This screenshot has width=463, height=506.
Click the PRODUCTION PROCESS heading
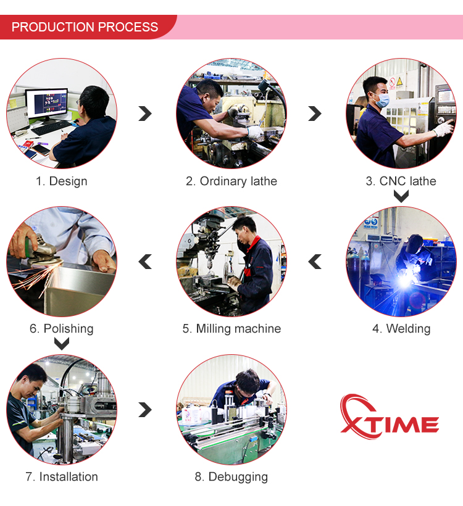coord(85,27)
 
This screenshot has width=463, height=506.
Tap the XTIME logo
coord(390,417)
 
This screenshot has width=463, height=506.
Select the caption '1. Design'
coord(61,181)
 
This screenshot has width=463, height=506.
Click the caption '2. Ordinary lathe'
coord(231,181)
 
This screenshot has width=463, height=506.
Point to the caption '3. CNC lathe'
coord(401,181)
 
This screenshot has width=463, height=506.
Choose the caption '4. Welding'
coord(401,329)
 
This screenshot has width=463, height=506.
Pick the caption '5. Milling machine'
coord(231,329)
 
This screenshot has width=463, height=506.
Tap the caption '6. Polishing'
coord(61,329)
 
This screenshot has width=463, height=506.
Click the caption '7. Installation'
coord(61,476)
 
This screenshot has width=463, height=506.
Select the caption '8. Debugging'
coord(231,477)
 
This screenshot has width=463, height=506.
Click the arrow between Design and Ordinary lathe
coord(146,114)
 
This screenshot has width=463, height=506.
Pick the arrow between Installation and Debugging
coord(146,410)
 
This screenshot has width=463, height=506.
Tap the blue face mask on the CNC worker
coord(382,101)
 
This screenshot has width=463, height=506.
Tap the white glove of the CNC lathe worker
coord(443,128)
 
